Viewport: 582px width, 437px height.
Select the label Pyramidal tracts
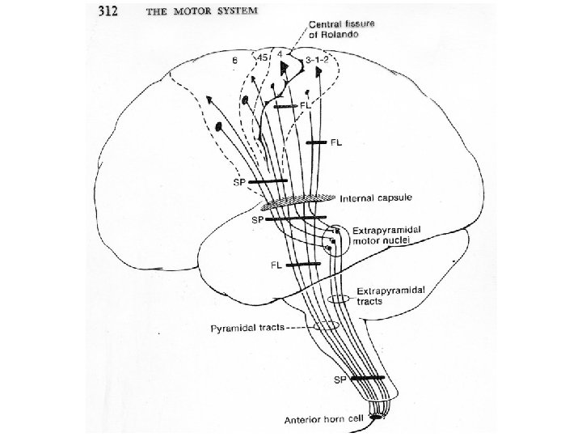click(x=247, y=328)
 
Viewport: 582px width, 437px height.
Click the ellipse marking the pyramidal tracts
click(x=326, y=326)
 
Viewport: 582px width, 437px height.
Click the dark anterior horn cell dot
click(x=373, y=416)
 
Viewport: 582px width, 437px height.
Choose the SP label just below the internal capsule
click(x=256, y=220)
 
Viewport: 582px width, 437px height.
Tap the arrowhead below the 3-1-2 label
click(x=320, y=72)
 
